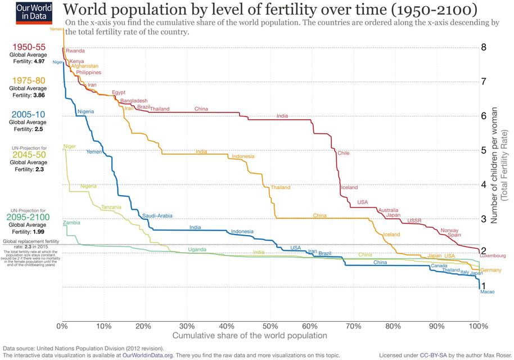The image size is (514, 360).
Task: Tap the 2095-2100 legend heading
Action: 28,217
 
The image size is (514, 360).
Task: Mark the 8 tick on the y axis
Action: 484,48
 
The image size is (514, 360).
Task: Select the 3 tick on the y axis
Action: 484,219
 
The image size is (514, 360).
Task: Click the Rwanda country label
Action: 75,51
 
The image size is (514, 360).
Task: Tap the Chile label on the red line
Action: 344,153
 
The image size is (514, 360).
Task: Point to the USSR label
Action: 414,220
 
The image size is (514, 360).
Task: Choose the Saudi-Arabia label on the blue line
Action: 157,216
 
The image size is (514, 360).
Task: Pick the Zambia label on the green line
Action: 71,223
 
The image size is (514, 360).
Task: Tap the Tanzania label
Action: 111,208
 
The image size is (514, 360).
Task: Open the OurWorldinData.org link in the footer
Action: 147,355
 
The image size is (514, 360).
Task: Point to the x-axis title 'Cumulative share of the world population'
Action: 249,336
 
